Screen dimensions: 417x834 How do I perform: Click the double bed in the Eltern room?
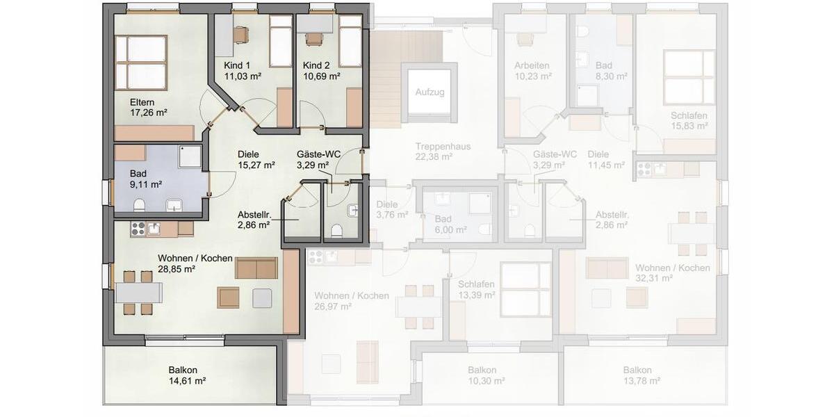(141, 63)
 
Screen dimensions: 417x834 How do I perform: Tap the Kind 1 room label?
(236, 65)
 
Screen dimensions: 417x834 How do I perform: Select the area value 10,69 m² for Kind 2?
(321, 76)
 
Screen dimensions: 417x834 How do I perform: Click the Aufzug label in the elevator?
(430, 92)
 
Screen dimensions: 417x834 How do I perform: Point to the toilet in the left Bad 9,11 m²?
(139, 205)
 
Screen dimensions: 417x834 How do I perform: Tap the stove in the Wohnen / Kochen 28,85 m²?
(137, 229)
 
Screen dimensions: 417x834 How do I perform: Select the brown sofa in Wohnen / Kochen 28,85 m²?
(256, 268)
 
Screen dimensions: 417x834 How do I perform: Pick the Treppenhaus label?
(443, 147)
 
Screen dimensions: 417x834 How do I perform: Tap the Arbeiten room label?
(532, 66)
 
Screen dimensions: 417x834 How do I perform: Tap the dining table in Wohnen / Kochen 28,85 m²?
(138, 293)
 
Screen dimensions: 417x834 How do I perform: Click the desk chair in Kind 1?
(241, 34)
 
